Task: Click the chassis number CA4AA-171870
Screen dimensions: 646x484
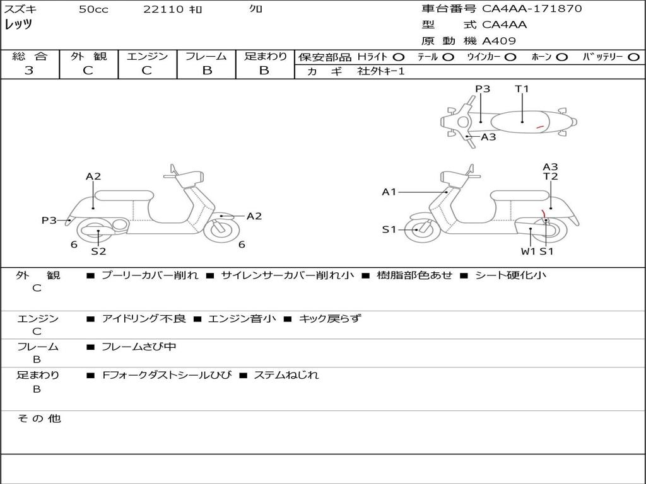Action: (x=532, y=9)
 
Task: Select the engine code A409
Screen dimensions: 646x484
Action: (x=499, y=41)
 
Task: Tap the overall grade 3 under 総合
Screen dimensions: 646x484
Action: (x=29, y=71)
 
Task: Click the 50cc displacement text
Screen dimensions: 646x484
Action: (x=93, y=9)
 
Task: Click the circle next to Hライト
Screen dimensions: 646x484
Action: (x=399, y=57)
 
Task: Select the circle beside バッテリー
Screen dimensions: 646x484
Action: (x=633, y=57)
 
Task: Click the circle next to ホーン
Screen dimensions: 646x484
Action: (x=561, y=57)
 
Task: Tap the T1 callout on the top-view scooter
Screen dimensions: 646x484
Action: (x=522, y=88)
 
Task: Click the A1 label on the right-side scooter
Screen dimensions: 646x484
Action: (x=389, y=192)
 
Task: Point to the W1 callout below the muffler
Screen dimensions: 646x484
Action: (x=528, y=251)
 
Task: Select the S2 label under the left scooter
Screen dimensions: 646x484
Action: (x=98, y=251)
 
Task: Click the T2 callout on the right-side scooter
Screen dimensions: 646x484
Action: (x=550, y=176)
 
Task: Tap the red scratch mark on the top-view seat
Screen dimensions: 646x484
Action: (x=540, y=127)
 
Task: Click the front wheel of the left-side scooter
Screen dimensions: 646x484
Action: (x=221, y=230)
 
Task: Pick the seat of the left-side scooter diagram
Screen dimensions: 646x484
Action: (x=124, y=195)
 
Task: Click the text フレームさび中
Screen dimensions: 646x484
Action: (x=139, y=347)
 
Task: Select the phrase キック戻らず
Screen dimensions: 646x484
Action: (x=329, y=318)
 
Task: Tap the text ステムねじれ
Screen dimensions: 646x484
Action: (x=286, y=375)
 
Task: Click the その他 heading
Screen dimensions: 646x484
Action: (x=38, y=418)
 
